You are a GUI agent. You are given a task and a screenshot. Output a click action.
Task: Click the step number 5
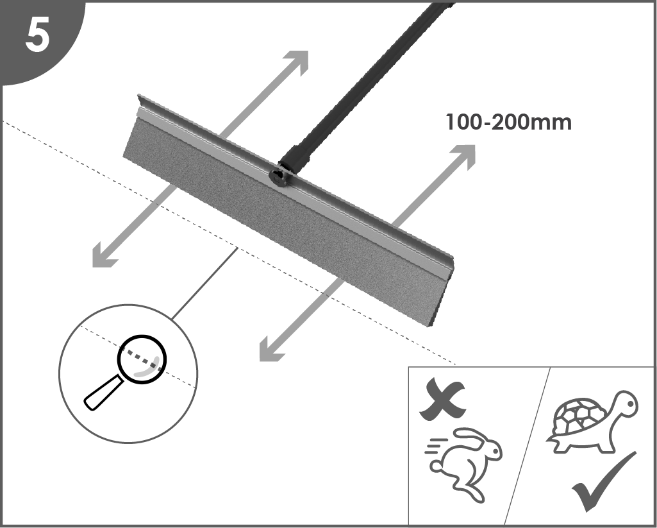[x=37, y=36]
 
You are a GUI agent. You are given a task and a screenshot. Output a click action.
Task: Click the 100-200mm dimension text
[x=509, y=123]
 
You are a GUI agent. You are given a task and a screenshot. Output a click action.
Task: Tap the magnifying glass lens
[x=142, y=359]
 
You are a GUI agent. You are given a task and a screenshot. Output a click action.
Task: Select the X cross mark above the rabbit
[x=442, y=399]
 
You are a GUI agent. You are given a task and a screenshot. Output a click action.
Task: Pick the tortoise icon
[x=592, y=422]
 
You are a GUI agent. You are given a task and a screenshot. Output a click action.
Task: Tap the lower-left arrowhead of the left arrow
[x=103, y=257]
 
